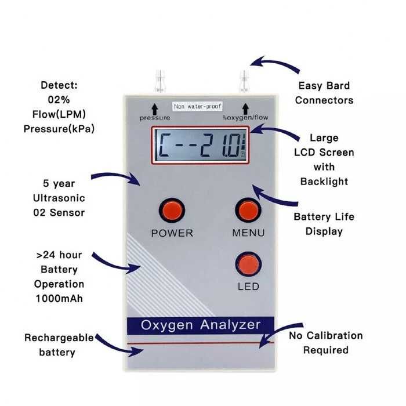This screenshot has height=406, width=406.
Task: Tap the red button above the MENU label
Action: click(x=248, y=210)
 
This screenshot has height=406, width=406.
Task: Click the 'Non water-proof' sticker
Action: click(x=197, y=106)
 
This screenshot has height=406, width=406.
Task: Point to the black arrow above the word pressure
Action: click(x=155, y=109)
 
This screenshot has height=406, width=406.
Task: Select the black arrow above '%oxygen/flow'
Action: click(x=245, y=109)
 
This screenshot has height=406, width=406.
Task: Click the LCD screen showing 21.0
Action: click(x=200, y=145)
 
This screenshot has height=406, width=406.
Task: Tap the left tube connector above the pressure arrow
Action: click(x=160, y=81)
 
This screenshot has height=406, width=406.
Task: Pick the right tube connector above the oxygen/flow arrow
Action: click(x=244, y=81)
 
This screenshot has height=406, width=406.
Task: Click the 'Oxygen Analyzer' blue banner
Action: click(x=201, y=325)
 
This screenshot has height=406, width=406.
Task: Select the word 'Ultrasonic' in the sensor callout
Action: click(x=59, y=198)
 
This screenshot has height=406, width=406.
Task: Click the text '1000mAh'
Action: click(x=59, y=299)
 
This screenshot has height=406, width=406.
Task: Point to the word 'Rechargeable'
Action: click(x=59, y=338)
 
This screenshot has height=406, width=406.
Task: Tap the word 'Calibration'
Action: click(x=333, y=336)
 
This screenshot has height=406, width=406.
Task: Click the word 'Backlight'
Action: click(x=324, y=182)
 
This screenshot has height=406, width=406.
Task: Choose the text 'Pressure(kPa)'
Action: click(x=59, y=129)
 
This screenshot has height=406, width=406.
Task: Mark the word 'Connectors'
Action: click(x=324, y=100)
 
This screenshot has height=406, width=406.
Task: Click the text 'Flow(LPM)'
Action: click(x=59, y=114)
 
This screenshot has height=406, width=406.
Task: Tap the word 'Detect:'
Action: click(x=59, y=85)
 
